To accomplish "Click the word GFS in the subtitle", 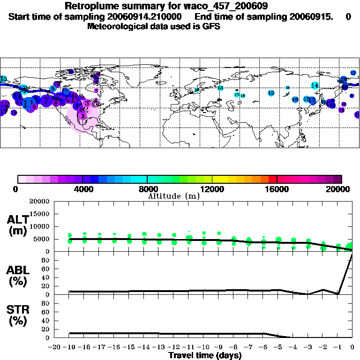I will tap(212, 26).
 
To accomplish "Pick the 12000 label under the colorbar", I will tap(213, 189).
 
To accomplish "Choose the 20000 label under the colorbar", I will tap(342, 189).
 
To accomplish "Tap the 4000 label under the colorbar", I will tap(82, 189).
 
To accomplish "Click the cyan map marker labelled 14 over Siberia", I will tap(315, 86).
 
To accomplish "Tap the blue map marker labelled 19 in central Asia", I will tap(271, 93).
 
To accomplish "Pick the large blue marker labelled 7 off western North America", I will tap(46, 99).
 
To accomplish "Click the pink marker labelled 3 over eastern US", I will tap(87, 104).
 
